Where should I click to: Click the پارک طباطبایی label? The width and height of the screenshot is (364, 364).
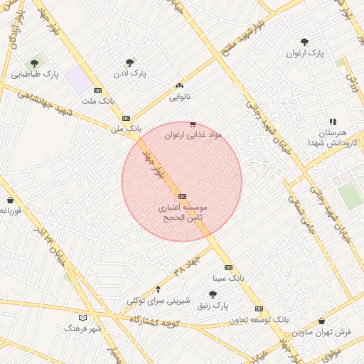[35, 74]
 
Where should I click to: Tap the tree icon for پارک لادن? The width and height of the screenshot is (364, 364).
[129, 63]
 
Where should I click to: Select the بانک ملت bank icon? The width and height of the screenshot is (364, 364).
[98, 90]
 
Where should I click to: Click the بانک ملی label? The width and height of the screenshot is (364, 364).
[127, 129]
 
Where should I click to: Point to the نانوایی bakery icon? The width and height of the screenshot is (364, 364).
[179, 85]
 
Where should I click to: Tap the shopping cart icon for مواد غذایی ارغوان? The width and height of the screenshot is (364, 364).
[193, 124]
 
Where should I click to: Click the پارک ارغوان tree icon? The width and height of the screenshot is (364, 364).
[305, 43]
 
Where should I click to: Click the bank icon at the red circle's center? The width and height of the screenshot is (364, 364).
[182, 196]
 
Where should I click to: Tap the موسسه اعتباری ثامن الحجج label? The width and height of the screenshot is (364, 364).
[182, 211]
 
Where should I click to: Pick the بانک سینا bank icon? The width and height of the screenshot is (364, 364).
[228, 267]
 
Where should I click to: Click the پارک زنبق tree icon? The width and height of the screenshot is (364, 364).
[213, 294]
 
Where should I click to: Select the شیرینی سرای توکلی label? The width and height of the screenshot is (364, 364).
[158, 301]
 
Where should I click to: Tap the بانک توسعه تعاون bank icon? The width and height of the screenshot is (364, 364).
[259, 309]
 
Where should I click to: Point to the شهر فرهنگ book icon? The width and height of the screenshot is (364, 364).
[83, 317]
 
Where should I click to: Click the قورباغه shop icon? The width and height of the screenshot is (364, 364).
[10, 200]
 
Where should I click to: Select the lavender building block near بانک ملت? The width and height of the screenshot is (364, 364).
[80, 80]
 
